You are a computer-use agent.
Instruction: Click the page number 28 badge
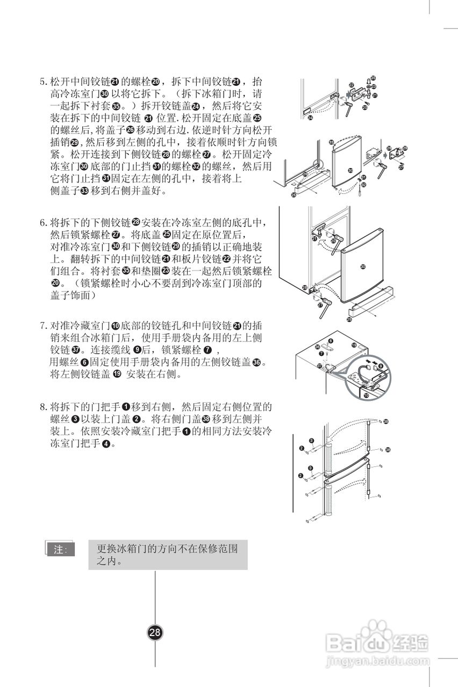point(155,632)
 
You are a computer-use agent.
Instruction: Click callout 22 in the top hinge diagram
point(351,85)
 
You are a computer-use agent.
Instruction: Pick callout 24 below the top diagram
point(310,118)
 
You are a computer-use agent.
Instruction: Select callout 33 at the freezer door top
point(331,142)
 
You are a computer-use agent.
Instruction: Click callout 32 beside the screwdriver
point(363,185)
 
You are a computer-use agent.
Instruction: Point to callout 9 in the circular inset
point(381,366)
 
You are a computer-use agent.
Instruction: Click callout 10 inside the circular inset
point(366,396)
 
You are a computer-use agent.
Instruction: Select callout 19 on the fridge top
point(354,345)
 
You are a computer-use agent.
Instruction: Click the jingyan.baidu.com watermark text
point(378,660)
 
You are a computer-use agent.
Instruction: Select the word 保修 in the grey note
point(208,550)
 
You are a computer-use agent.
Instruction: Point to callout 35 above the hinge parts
point(373,78)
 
